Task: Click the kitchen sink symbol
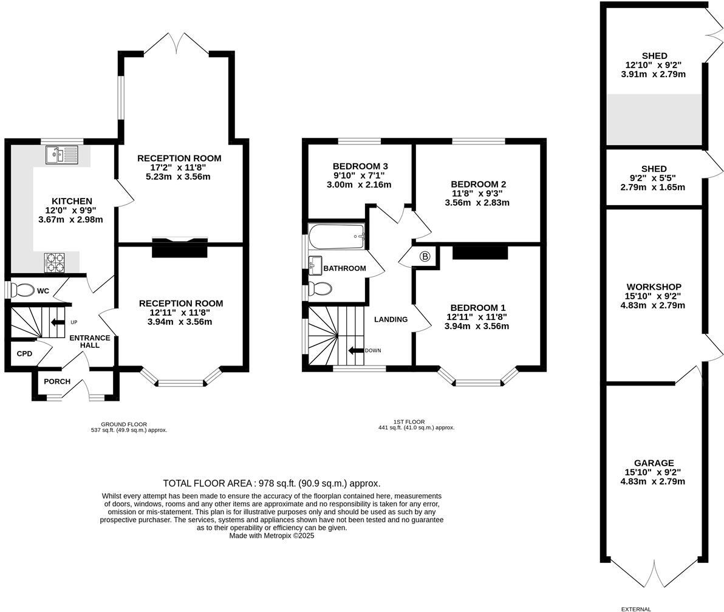point(63,155)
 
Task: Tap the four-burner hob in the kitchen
point(55,262)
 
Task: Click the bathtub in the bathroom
point(336,236)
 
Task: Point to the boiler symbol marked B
point(425,257)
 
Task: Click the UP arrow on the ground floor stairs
point(58,322)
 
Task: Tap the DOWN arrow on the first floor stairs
point(356,350)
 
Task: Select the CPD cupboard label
point(24,353)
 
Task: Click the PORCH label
point(57,381)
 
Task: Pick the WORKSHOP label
point(654,287)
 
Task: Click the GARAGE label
point(654,463)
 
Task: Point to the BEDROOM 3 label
point(360,166)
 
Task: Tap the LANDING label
point(391,319)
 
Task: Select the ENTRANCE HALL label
point(90,342)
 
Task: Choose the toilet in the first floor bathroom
point(320,289)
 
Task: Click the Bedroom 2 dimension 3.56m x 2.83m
point(477,203)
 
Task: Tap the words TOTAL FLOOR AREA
point(207,483)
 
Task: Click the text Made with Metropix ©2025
point(271,536)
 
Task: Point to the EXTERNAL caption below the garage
point(636,609)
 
